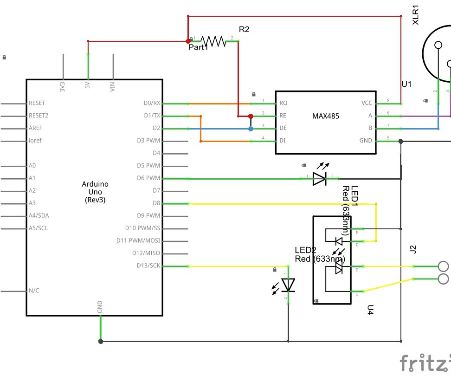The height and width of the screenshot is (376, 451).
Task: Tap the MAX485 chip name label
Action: pyautogui.click(x=326, y=116)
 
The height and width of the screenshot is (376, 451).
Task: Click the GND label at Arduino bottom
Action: pyautogui.click(x=100, y=307)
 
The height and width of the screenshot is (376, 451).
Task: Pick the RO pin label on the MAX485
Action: pyautogui.click(x=283, y=104)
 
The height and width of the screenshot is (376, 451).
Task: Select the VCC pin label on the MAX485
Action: pyautogui.click(x=367, y=104)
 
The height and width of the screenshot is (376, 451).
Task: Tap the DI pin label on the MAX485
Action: pyautogui.click(x=282, y=141)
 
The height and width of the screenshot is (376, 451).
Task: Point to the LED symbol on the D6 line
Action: pyautogui.click(x=319, y=178)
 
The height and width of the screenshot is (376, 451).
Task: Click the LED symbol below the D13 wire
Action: pyautogui.click(x=289, y=285)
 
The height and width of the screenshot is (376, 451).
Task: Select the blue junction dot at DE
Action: pyautogui.click(x=251, y=129)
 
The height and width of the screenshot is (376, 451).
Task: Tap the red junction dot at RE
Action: pyautogui.click(x=251, y=116)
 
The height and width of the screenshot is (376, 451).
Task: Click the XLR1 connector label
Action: pyautogui.click(x=416, y=15)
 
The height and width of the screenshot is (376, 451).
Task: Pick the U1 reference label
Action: pyautogui.click(x=406, y=84)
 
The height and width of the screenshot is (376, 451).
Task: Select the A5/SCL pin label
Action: pyautogui.click(x=38, y=228)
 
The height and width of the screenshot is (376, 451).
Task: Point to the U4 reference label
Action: pyautogui.click(x=370, y=310)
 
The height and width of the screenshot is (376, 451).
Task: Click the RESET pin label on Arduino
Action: pyautogui.click(x=37, y=104)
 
